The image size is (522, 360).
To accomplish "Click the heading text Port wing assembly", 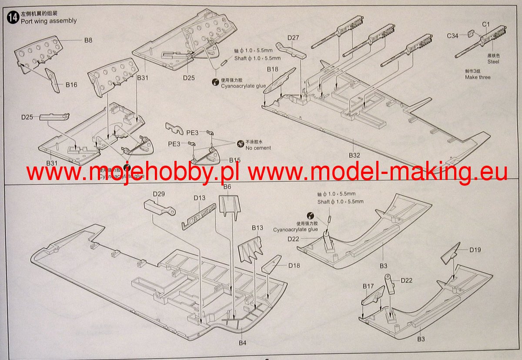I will coord(49,21).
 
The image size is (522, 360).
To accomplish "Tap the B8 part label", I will coord(88,40).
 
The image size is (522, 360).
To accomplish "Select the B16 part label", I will coord(71,85).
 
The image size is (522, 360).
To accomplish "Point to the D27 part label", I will coord(293,38).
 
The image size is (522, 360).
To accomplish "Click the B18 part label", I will coord(272,70).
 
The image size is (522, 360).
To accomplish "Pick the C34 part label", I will coord(452,36).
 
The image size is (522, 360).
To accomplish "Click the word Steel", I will coord(493,62).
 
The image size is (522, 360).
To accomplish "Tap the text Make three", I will coord(477,77).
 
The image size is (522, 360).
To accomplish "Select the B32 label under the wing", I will coord(355,155).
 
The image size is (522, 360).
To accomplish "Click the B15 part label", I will coord(234,160).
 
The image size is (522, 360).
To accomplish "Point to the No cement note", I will coord(258,148).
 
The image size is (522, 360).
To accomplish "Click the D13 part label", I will coord(200,198).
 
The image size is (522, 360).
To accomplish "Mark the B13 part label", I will coord(258,228).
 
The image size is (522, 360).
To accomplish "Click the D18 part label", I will coord(294,265).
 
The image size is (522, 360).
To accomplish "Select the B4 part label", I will coord(243,343).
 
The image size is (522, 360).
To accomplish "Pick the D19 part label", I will coord(475,250).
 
